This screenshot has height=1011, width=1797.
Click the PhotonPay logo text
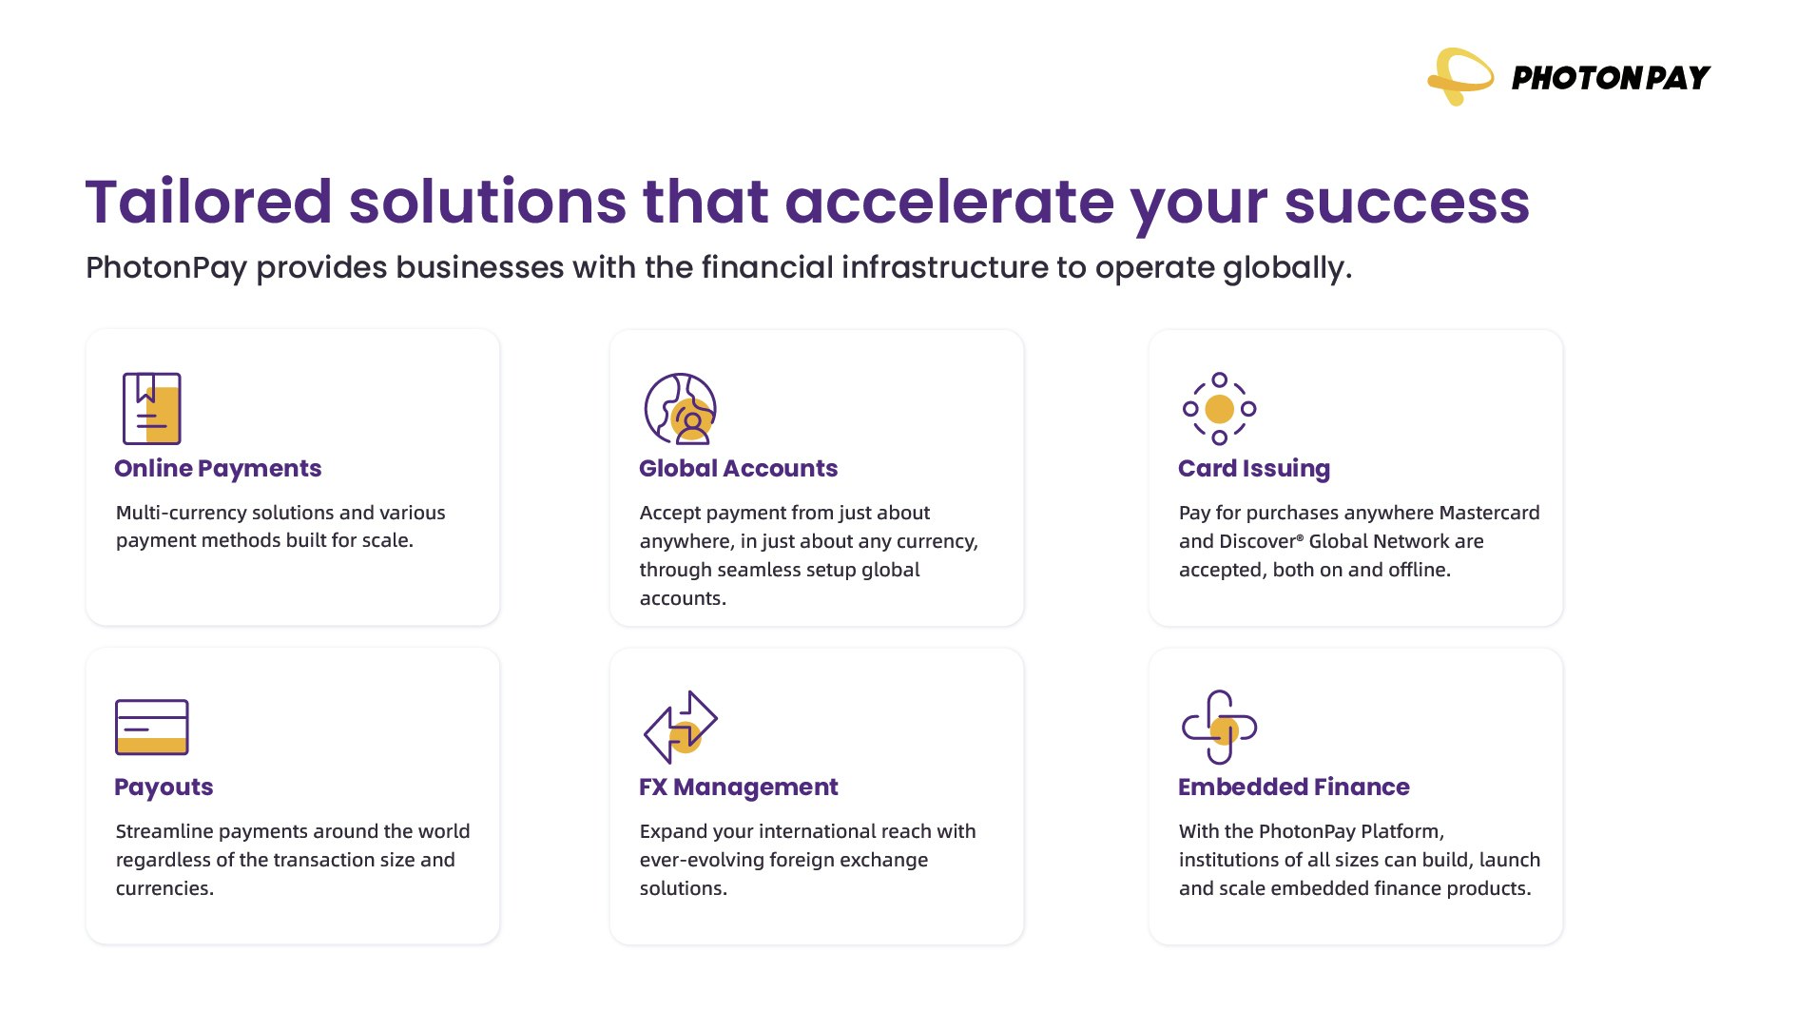(x=1611, y=78)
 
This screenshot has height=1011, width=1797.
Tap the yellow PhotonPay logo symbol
(x=1460, y=76)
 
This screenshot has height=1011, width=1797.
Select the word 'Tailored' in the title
(x=208, y=202)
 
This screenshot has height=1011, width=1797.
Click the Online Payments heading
(x=218, y=469)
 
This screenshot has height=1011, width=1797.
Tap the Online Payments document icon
(x=151, y=408)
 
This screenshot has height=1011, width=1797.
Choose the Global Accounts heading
(x=738, y=469)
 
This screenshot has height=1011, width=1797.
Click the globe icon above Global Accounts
(x=680, y=409)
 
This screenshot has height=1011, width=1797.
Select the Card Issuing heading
(x=1253, y=469)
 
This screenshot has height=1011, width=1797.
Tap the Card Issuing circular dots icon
(x=1219, y=409)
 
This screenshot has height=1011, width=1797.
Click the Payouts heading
(x=164, y=787)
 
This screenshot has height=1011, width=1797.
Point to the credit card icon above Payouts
(x=152, y=727)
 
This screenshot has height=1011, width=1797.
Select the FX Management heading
(x=738, y=787)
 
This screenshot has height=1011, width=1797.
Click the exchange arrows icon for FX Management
(x=681, y=727)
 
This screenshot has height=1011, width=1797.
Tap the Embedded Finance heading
(x=1293, y=787)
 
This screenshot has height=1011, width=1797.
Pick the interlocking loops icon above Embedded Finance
(x=1219, y=727)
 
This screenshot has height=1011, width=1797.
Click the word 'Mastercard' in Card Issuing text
(x=1489, y=513)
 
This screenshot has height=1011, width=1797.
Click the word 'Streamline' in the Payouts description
(x=164, y=831)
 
